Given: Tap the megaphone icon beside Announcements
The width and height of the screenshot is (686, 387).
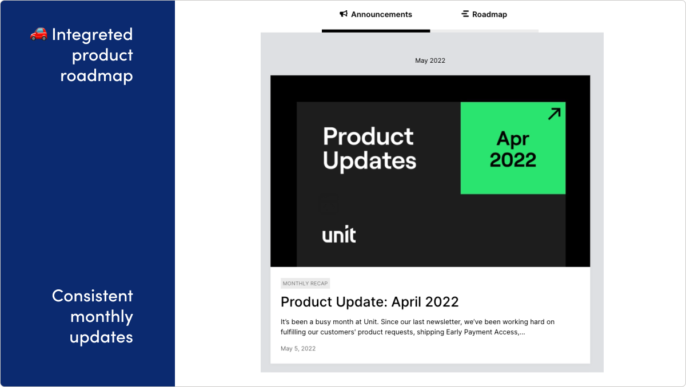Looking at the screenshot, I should [344, 14].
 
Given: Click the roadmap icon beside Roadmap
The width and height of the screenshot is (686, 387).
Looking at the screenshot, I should [465, 14].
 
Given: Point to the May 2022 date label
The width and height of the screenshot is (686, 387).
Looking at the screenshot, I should [430, 61].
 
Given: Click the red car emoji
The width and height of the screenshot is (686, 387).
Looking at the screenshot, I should [38, 34].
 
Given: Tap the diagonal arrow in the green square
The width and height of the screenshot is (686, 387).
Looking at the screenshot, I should [553, 114].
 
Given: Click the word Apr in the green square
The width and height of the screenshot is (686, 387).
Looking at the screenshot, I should [513, 139].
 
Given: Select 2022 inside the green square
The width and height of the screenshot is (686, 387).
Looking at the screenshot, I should [513, 160].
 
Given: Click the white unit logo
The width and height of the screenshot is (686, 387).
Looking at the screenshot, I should [339, 235].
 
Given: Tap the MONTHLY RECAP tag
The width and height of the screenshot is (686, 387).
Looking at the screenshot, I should [305, 284].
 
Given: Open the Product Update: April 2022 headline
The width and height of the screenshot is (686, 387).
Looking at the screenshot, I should [369, 301].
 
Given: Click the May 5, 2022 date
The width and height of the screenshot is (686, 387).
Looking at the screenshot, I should [298, 348].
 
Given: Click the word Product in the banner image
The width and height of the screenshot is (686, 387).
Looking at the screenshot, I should [368, 136].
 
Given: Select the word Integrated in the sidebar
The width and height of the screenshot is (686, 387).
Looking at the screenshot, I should [92, 34].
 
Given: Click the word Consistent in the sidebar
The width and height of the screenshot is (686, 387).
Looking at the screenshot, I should [93, 296].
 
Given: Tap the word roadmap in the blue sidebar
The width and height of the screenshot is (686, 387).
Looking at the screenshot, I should [97, 75].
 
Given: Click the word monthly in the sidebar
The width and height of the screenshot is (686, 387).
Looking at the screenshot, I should [102, 316].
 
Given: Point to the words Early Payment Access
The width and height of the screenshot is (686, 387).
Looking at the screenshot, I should [480, 332].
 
